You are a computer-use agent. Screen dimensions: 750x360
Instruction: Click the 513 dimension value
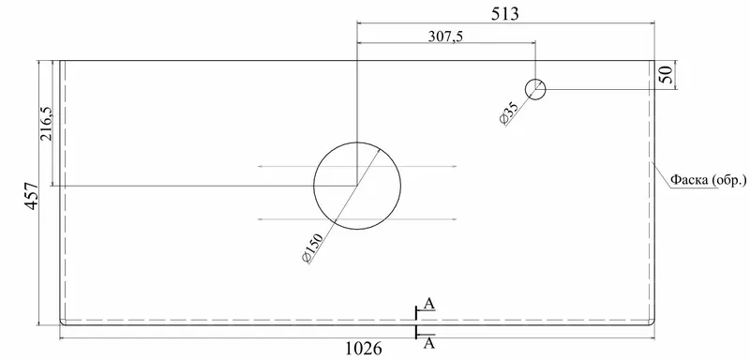(x=505, y=14)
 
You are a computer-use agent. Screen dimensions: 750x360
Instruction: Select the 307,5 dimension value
(x=445, y=36)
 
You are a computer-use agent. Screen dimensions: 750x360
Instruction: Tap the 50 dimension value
(x=667, y=75)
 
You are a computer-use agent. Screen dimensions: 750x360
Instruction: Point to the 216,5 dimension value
(x=46, y=124)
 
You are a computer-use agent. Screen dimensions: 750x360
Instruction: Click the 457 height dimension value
(x=32, y=196)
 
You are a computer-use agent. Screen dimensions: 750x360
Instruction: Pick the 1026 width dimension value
(x=364, y=349)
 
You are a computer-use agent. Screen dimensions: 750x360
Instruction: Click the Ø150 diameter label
(x=313, y=247)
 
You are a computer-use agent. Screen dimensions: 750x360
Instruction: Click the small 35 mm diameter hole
(x=535, y=81)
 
